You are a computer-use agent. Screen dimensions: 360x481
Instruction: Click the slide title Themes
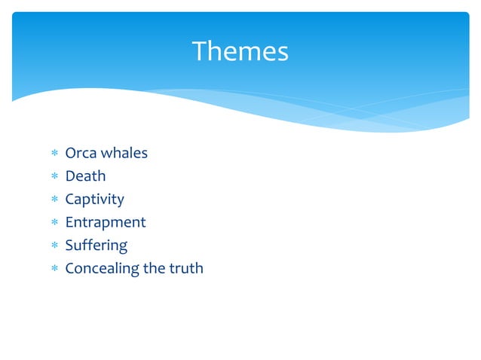(240, 52)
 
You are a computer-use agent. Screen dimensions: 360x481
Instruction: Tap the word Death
(85, 176)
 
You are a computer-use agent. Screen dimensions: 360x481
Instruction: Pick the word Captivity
(94, 200)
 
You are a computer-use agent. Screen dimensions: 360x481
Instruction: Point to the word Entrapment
(105, 222)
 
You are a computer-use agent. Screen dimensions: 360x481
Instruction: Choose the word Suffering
(96, 246)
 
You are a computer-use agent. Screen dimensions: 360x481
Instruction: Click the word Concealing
(102, 268)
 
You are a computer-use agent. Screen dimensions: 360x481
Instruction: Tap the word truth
(186, 268)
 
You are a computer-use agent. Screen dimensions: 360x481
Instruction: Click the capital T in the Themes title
(200, 52)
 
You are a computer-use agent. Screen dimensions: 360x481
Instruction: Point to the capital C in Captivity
(70, 200)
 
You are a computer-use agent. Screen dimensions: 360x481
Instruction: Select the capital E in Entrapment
(69, 222)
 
